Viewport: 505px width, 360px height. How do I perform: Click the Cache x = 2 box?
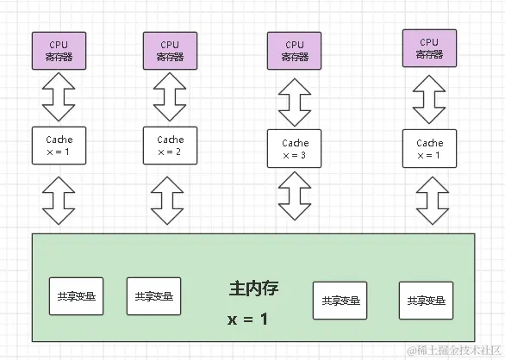click(x=170, y=146)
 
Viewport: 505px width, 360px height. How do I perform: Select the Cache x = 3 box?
click(x=295, y=149)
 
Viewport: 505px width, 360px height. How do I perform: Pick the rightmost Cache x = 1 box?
click(x=429, y=148)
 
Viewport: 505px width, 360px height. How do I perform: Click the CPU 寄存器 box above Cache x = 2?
click(x=170, y=50)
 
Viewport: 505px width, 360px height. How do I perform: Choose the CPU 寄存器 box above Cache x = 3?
click(x=295, y=52)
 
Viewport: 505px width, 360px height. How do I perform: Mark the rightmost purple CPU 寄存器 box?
click(x=429, y=48)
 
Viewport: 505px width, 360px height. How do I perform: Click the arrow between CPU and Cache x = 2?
click(x=170, y=97)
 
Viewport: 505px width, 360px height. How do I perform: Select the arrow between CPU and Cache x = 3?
click(x=295, y=102)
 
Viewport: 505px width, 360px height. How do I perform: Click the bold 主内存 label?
click(x=253, y=289)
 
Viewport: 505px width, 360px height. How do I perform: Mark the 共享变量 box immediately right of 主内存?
click(x=340, y=301)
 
